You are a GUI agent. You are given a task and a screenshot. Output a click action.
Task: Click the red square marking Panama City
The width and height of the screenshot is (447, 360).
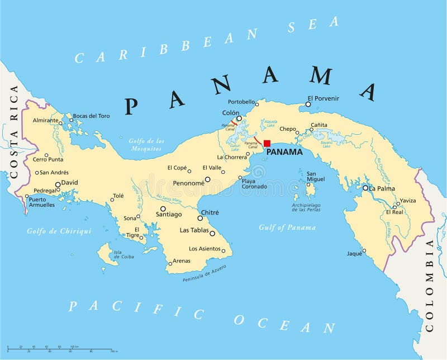click(x=267, y=143)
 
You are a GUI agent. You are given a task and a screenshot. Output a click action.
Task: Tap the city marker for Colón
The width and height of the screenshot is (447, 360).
click(x=239, y=119)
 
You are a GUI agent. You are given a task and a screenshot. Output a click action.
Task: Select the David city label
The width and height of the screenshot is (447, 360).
click(x=70, y=183)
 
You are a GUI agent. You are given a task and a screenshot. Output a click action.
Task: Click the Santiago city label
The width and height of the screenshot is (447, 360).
click(x=169, y=214)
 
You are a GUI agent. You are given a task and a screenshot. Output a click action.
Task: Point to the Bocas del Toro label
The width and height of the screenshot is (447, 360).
click(x=92, y=116)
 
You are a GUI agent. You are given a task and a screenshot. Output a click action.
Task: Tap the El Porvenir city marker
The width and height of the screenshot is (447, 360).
click(x=308, y=103)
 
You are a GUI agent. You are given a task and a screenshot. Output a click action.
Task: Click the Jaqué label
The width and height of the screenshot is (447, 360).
click(x=354, y=253)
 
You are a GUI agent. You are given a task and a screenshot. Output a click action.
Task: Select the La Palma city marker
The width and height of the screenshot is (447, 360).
click(x=365, y=188)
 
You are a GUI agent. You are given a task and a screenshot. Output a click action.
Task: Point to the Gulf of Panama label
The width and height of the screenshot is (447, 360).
click(x=287, y=228)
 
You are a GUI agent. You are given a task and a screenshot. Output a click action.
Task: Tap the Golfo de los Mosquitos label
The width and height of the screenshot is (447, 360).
click(x=145, y=145)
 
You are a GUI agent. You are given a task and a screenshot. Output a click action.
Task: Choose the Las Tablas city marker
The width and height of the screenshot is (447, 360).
click(x=212, y=233)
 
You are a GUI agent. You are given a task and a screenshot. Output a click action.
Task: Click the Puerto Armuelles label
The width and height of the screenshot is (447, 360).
click(x=41, y=202)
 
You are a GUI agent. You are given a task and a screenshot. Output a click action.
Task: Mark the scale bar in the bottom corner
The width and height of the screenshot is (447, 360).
click(x=61, y=349)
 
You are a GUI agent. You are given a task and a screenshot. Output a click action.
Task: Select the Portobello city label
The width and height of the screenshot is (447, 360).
click(x=241, y=102)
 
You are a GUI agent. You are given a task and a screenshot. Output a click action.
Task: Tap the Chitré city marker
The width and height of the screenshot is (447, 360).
click(x=200, y=218)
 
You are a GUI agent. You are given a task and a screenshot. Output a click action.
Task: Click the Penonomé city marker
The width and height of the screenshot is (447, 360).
click(x=207, y=179)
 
